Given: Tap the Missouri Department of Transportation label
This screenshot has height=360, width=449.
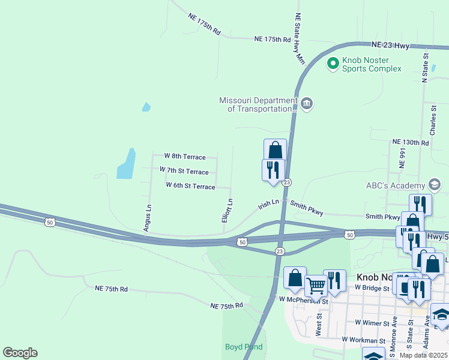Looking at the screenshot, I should click(x=258, y=105).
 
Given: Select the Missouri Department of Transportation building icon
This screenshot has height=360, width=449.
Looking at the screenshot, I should click(x=307, y=104).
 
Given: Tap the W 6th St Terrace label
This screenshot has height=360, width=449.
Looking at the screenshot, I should click(x=190, y=187).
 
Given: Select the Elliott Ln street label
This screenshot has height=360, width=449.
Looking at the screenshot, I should click(x=228, y=211).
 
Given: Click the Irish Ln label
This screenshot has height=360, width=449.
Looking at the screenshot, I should click(x=268, y=204).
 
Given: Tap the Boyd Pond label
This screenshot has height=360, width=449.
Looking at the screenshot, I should click(x=244, y=347).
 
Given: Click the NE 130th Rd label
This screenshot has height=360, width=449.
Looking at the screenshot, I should click(x=411, y=142).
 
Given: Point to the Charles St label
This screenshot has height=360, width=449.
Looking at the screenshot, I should click(x=433, y=120).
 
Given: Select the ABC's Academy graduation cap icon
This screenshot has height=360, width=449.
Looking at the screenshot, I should click(x=435, y=185).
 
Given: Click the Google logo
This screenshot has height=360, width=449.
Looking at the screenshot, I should click(x=20, y=353).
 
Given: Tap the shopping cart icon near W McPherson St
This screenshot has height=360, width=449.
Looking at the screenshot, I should click(x=316, y=286).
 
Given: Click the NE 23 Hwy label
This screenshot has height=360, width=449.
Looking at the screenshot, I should click(x=391, y=45).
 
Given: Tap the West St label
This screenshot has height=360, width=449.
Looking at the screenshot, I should click(x=319, y=328).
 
